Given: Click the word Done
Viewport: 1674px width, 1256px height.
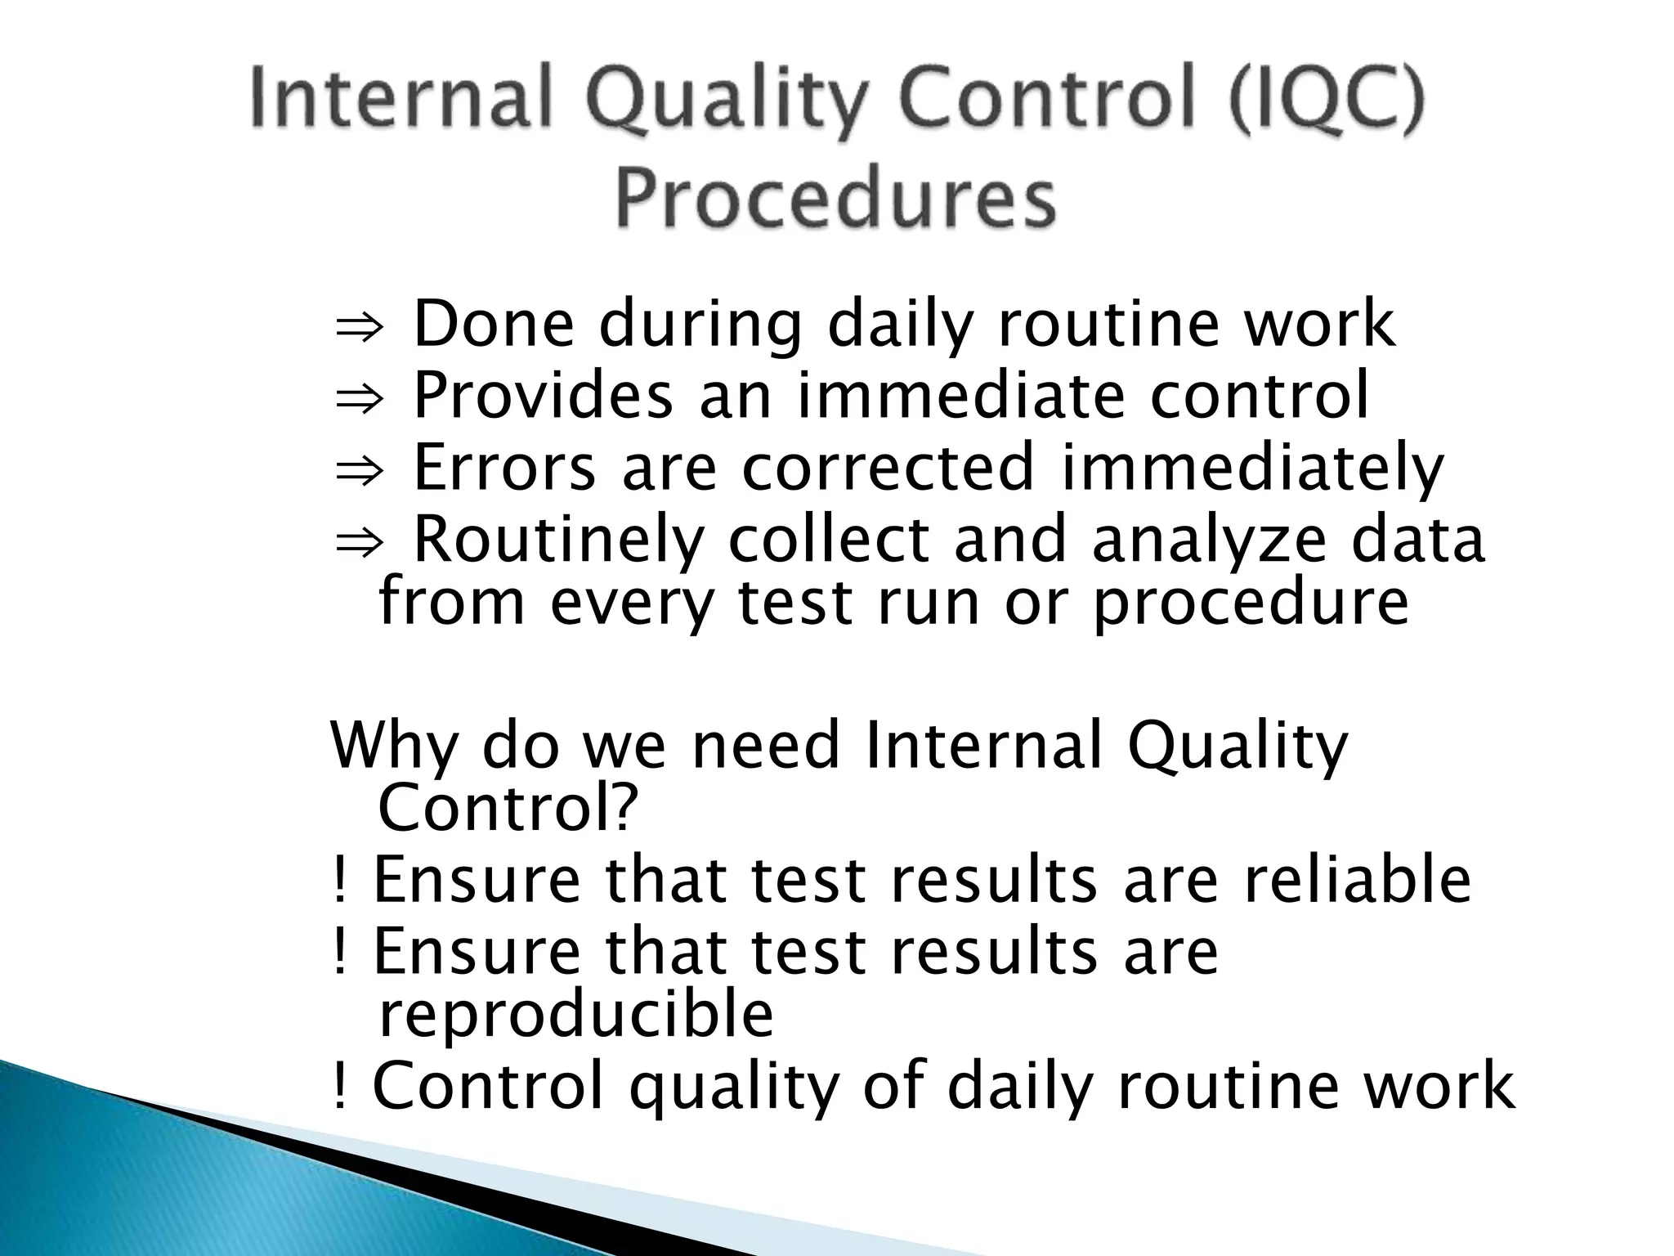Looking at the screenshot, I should coord(495,325).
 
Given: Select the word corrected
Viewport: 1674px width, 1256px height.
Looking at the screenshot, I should coord(888,468).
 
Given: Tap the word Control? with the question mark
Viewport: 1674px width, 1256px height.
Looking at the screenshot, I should coord(508,808).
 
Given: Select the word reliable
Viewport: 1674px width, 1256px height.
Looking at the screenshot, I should coord(1358,881).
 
